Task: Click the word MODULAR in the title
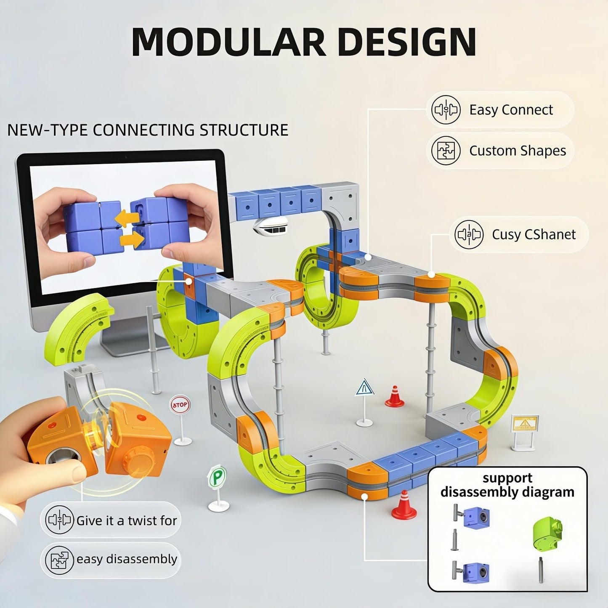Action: pyautogui.click(x=228, y=42)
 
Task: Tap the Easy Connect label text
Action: pyautogui.click(x=511, y=110)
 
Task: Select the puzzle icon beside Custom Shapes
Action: pyautogui.click(x=446, y=151)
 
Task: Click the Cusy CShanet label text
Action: pyautogui.click(x=534, y=234)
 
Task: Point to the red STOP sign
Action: pyautogui.click(x=180, y=405)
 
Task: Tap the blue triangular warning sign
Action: pyautogui.click(x=364, y=388)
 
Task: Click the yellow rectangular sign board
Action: pyautogui.click(x=525, y=423)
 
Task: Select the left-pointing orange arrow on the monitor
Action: pyautogui.click(x=127, y=218)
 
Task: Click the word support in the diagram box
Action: pyautogui.click(x=507, y=478)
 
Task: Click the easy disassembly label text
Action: pyautogui.click(x=127, y=559)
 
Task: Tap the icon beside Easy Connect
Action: pyautogui.click(x=446, y=110)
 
